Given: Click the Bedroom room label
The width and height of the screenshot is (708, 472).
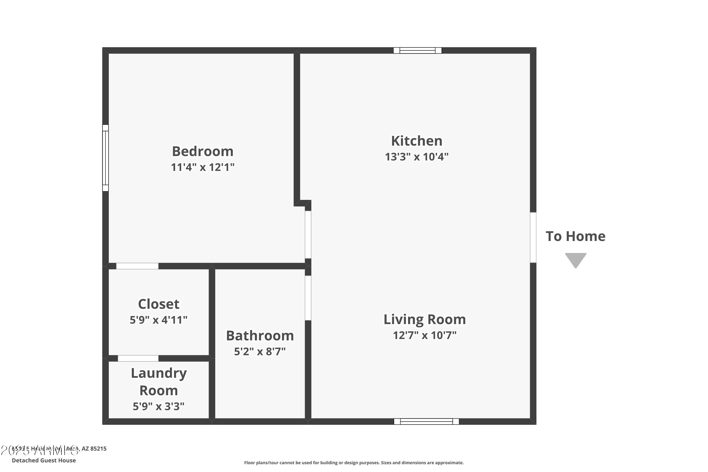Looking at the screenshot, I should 202,151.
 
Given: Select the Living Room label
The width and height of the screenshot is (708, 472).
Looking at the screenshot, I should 424,319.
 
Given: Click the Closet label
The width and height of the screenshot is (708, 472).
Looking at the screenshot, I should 159,304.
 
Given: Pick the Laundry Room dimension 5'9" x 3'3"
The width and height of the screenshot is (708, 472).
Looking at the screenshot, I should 158,406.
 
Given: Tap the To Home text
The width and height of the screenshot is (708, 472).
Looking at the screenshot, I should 575,236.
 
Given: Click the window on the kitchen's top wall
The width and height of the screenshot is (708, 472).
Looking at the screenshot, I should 417,51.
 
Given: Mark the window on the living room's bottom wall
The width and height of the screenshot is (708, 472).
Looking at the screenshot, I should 426,421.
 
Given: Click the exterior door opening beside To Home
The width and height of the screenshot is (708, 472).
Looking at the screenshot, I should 533,237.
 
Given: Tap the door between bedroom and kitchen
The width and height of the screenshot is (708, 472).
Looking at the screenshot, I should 308,235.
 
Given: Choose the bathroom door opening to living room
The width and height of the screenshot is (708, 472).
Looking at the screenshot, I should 308,298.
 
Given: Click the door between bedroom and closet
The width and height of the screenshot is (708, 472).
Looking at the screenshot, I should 137,266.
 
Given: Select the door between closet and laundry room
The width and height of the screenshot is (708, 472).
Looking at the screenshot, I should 138,358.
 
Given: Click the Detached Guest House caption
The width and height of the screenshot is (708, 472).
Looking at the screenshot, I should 44,460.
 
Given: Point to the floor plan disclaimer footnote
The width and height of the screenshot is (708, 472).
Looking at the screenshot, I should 354,463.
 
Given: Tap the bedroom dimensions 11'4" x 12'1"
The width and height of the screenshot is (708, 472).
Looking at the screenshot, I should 202,167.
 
